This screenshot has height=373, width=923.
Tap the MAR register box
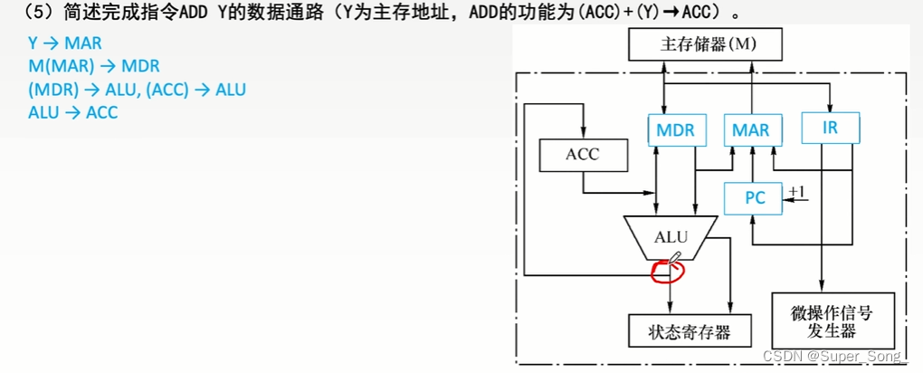click(x=751, y=130)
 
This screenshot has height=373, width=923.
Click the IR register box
click(x=830, y=128)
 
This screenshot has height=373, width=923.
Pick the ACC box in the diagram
click(x=583, y=155)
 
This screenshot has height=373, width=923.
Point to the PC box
click(x=755, y=198)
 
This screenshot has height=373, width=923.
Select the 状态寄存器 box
click(x=690, y=331)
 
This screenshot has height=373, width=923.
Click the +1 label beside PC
click(x=796, y=191)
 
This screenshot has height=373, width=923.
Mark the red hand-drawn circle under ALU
click(x=666, y=269)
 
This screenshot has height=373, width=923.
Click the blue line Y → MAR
click(x=65, y=43)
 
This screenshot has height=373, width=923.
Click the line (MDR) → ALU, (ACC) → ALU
click(x=138, y=90)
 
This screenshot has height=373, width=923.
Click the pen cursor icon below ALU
click(x=673, y=259)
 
